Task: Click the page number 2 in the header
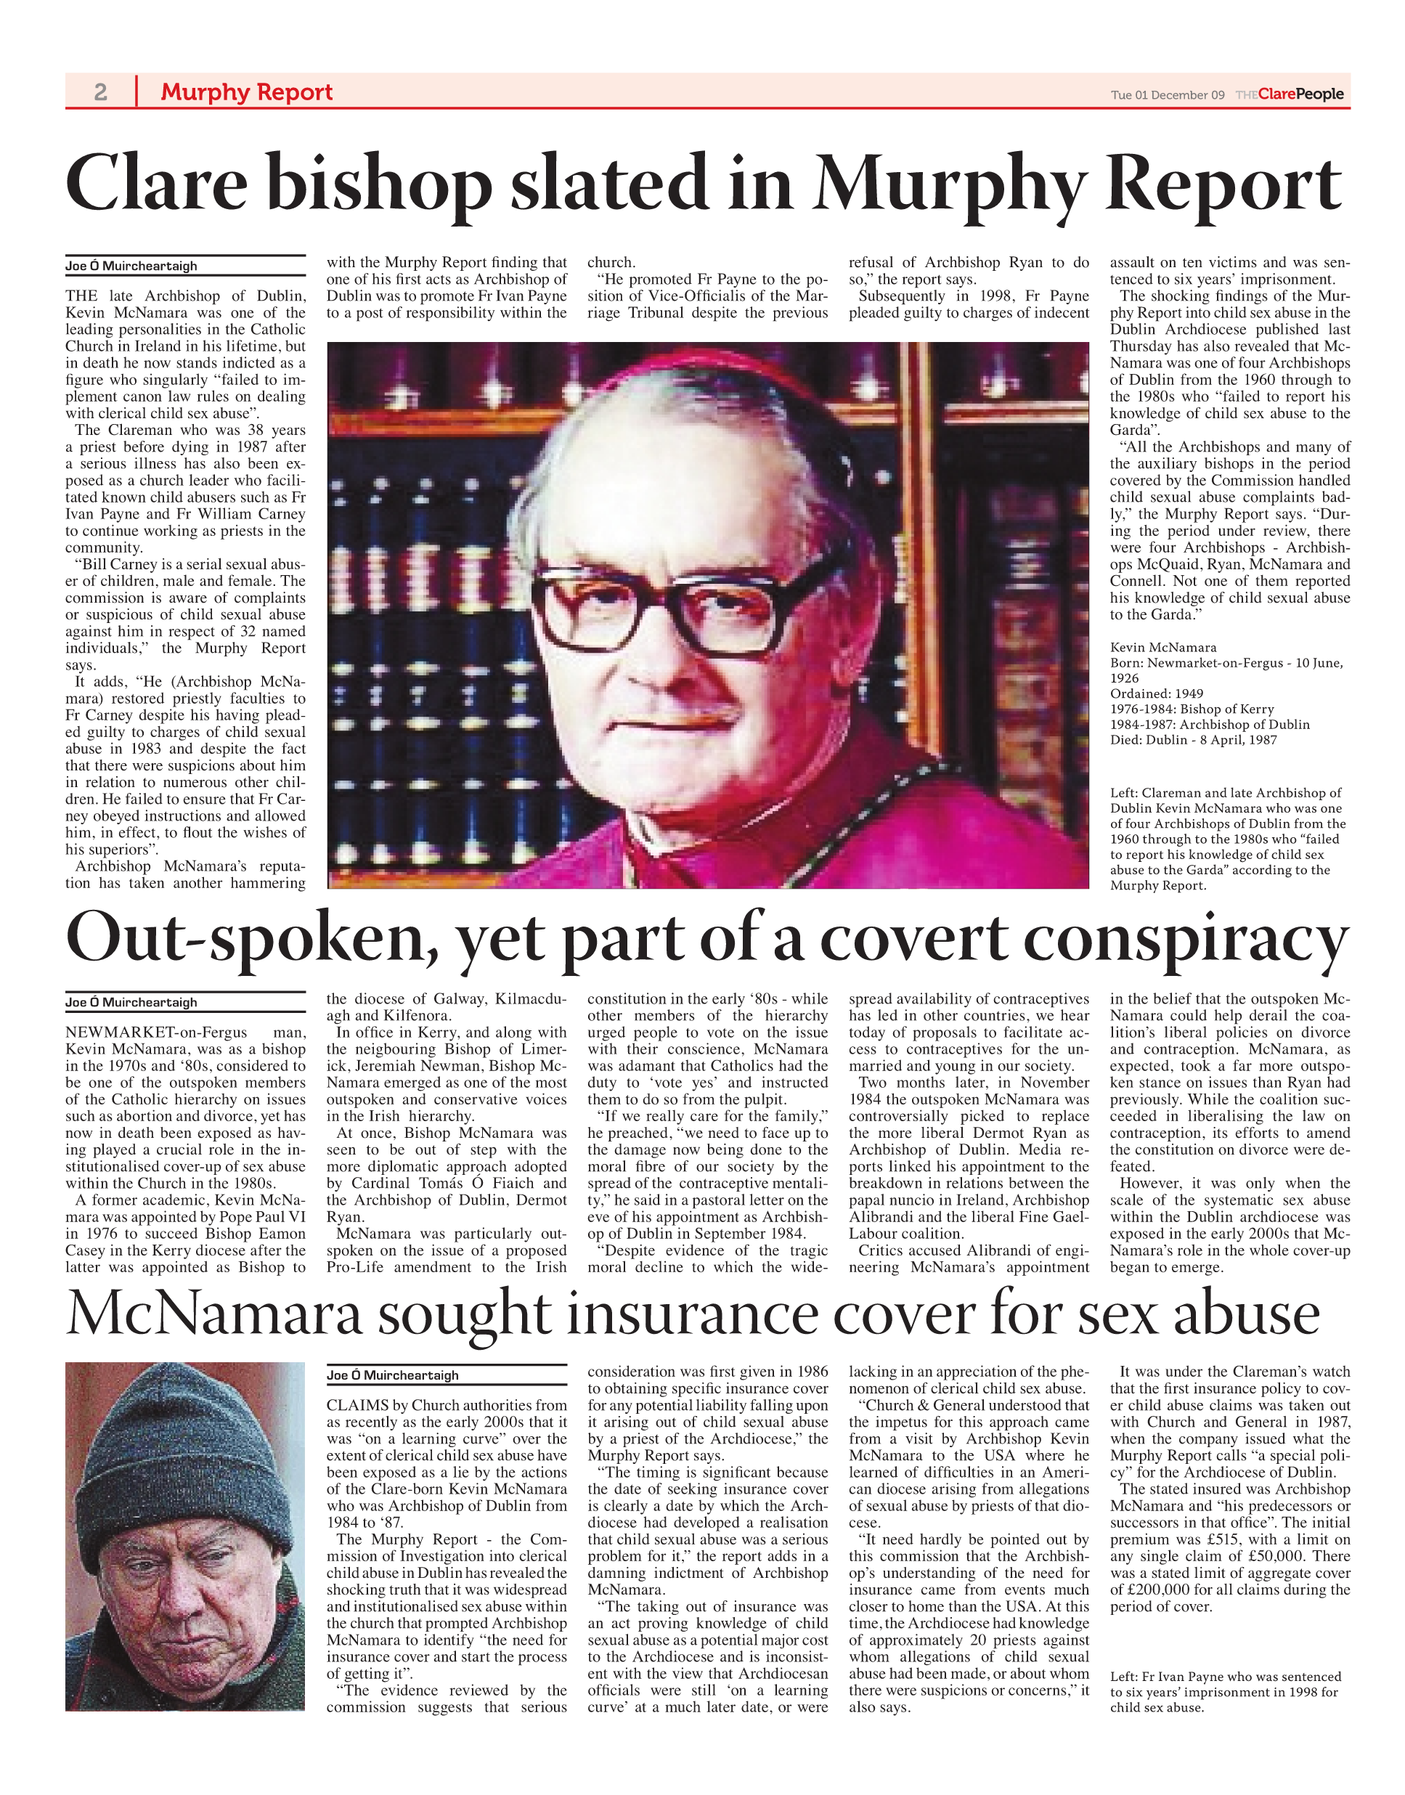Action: (100, 91)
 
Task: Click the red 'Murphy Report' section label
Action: (246, 91)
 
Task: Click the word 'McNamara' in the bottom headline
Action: (214, 1314)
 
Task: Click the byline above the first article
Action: (131, 266)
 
